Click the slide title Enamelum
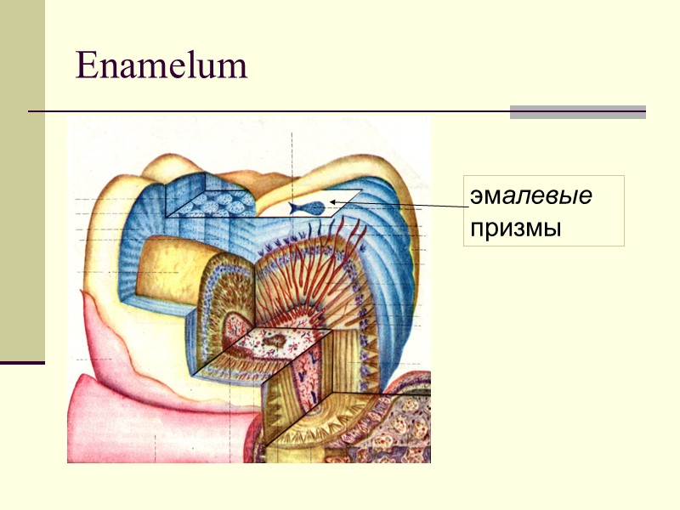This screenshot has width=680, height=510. [161, 65]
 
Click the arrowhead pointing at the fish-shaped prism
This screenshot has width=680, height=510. [334, 201]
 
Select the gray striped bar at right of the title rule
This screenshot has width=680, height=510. [577, 111]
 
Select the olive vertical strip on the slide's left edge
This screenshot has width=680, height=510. [22, 178]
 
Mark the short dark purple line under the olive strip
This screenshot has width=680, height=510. [22, 363]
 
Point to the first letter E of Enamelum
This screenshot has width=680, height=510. [85, 65]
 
